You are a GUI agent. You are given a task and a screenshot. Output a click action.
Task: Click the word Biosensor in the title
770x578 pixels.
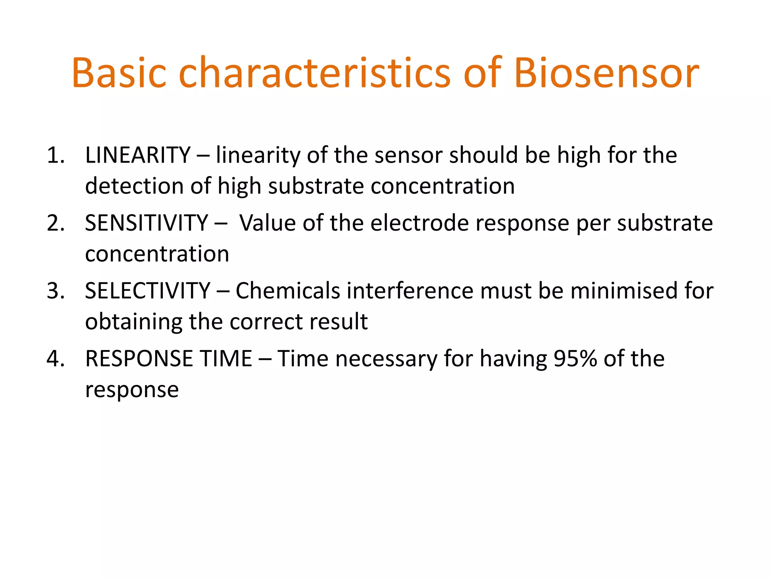pos(606,73)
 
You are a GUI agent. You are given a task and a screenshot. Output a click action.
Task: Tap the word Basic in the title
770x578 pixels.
pos(119,73)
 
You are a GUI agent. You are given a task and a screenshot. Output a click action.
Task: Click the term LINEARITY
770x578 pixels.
pos(138,155)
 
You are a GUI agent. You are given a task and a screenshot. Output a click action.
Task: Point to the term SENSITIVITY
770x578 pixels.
pos(146,223)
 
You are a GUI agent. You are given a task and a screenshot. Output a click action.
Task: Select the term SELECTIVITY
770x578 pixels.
pos(147,291)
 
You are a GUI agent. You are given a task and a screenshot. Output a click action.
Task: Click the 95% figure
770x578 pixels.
pos(575,359)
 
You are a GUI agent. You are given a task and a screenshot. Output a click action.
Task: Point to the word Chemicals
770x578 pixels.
pos(288,291)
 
